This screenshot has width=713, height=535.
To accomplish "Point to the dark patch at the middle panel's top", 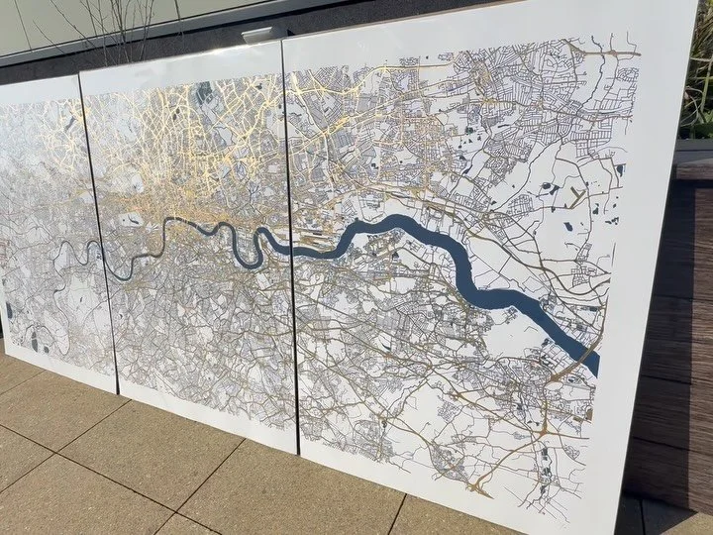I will point(203,94).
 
